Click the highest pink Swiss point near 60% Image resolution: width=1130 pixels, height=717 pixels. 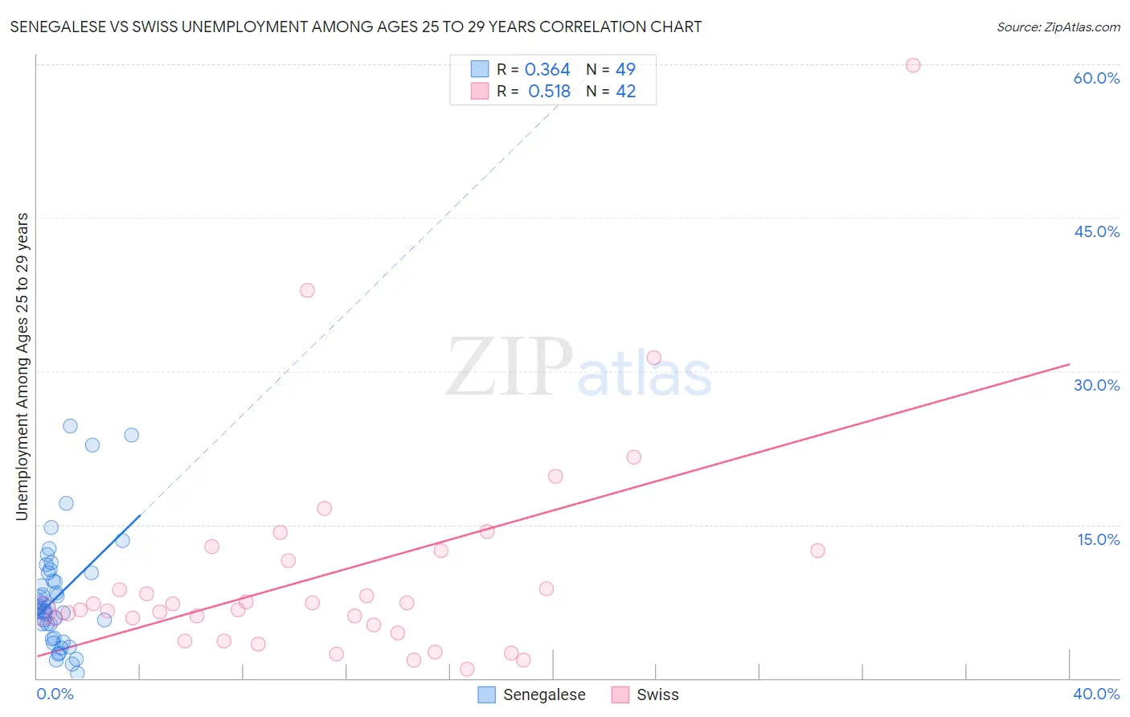click(912, 65)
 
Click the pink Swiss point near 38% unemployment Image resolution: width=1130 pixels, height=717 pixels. click(307, 290)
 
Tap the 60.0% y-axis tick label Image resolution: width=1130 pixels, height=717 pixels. click(1096, 78)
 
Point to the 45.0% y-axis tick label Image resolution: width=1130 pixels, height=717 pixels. click(1096, 231)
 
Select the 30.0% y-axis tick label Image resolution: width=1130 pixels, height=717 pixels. click(1096, 385)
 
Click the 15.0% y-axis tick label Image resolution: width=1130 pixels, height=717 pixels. click(1098, 539)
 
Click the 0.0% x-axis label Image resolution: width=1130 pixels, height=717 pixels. click(55, 694)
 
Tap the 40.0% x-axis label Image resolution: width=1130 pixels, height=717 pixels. click(1096, 694)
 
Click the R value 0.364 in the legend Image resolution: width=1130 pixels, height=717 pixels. click(547, 70)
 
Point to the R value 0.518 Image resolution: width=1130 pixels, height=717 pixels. click(549, 92)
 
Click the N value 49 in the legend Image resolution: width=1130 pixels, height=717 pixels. click(625, 70)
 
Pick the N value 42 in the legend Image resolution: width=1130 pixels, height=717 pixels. click(625, 92)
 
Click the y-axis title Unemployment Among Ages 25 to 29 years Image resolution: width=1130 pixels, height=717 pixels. click(22, 367)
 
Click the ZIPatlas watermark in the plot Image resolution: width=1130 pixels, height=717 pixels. click(579, 368)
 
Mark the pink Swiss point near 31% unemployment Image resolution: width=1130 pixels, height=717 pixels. click(653, 358)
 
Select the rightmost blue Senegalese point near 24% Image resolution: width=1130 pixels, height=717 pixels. click(131, 435)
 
